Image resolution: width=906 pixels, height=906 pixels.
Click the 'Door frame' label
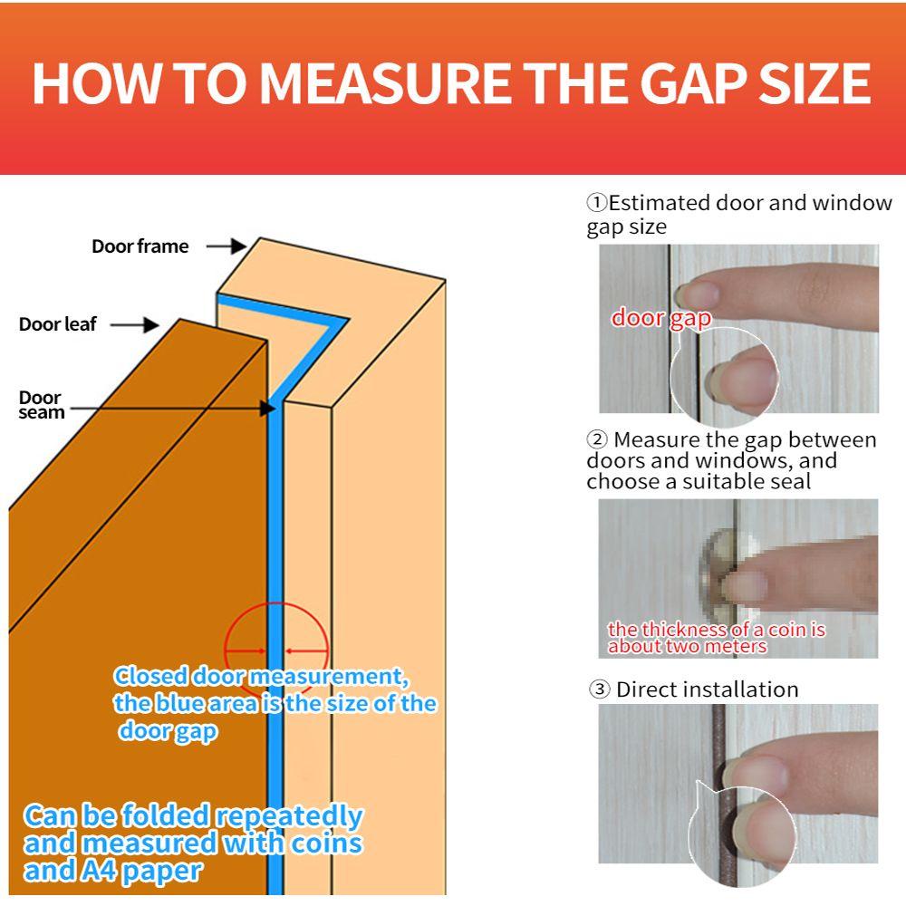click(140, 246)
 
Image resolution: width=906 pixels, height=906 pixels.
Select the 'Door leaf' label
click(57, 324)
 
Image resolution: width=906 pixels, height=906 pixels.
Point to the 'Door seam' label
click(41, 405)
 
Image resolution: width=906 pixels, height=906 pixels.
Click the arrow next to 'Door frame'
click(226, 246)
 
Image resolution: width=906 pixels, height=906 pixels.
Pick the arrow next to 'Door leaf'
click(135, 324)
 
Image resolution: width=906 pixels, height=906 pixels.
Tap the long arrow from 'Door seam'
click(172, 409)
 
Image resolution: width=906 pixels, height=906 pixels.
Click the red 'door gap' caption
click(661, 319)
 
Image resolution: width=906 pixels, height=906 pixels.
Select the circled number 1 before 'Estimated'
click(597, 202)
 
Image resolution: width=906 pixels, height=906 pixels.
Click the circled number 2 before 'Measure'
click(597, 439)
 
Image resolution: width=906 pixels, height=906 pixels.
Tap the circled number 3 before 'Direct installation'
click(599, 689)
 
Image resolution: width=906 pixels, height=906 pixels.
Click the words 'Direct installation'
click(708, 689)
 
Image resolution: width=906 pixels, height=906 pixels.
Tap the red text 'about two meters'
click(687, 646)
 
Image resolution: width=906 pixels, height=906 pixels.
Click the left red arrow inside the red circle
click(246, 651)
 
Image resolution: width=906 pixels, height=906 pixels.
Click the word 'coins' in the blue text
click(326, 843)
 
